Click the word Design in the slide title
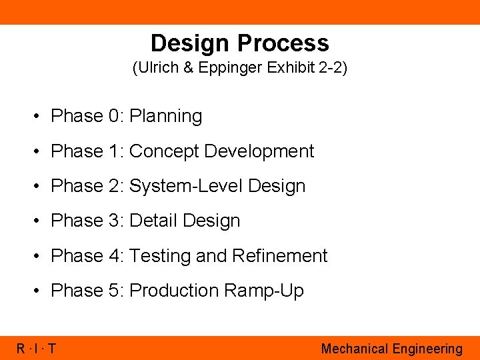pyautogui.click(x=191, y=43)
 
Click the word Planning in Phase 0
pyautogui.click(x=165, y=116)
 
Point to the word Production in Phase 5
pyautogui.click(x=174, y=291)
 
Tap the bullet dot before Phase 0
pyautogui.click(x=41, y=117)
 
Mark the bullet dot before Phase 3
pyautogui.click(x=41, y=221)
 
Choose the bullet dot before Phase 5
pyautogui.click(x=41, y=291)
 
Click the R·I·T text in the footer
pyautogui.click(x=37, y=349)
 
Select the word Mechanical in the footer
pyautogui.click(x=354, y=349)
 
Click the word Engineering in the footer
pyautogui.click(x=427, y=349)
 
